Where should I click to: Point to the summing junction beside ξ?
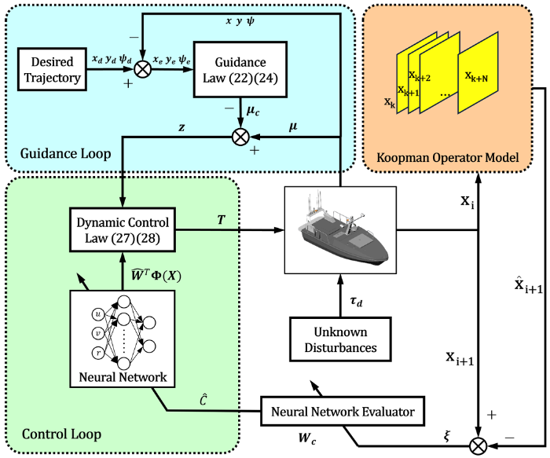point(478,447)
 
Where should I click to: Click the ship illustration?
point(339,232)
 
